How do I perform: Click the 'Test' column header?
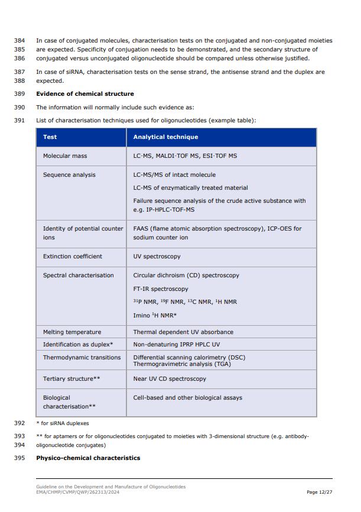(x=50, y=137)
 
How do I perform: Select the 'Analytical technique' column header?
(x=165, y=137)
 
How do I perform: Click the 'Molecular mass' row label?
(x=65, y=156)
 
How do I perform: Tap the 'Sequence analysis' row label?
(x=69, y=175)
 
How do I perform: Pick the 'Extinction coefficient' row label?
(x=72, y=257)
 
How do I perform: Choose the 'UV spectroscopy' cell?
(x=157, y=257)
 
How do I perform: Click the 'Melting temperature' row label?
(x=72, y=332)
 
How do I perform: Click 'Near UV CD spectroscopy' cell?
(x=170, y=379)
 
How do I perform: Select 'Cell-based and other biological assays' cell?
(x=187, y=398)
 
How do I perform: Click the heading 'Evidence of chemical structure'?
(x=85, y=94)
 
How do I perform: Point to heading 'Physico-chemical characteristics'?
(x=88, y=458)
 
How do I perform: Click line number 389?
(x=19, y=94)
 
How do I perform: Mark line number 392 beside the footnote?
(x=19, y=423)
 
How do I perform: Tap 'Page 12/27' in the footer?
(x=320, y=492)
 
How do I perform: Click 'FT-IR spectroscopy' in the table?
(x=161, y=289)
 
